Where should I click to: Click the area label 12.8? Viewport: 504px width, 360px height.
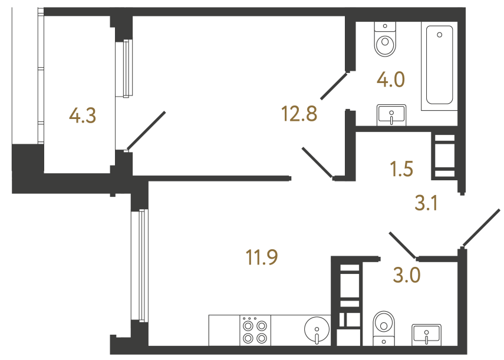click(299, 114)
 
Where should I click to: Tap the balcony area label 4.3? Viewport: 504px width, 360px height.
click(83, 115)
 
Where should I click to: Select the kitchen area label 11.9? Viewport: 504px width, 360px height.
click(262, 257)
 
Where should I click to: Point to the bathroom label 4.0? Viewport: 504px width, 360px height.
click(391, 80)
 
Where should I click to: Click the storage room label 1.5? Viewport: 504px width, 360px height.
click(402, 169)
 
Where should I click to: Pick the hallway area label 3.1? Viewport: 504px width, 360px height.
click(426, 203)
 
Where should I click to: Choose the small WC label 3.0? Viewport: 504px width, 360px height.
click(407, 275)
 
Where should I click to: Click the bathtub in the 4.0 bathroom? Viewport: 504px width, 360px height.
click(439, 65)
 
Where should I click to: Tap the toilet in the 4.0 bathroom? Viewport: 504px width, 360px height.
click(385, 39)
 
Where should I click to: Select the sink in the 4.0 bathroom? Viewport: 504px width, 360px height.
click(391, 115)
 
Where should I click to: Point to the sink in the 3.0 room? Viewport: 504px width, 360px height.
click(427, 335)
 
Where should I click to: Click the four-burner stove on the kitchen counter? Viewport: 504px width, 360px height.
click(255, 331)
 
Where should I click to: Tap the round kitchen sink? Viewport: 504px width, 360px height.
click(317, 330)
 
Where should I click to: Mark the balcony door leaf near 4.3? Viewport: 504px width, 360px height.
click(146, 131)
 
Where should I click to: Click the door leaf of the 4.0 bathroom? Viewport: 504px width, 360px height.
click(334, 86)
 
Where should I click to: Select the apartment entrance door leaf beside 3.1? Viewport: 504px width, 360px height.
click(481, 229)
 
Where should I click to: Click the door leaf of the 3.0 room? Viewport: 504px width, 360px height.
click(403, 245)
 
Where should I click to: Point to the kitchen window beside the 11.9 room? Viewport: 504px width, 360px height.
click(140, 265)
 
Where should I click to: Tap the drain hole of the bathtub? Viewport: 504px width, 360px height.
click(439, 35)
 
